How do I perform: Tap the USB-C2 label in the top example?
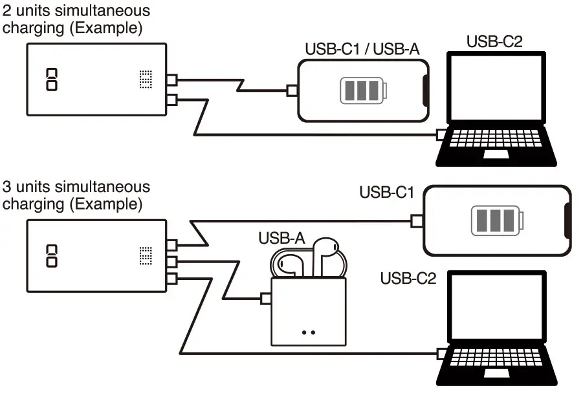click(494, 42)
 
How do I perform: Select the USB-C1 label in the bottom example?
click(387, 192)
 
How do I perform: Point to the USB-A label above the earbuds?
click(281, 238)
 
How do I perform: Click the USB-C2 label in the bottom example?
click(408, 279)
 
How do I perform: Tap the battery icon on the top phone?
click(362, 91)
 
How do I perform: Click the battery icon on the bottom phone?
click(494, 221)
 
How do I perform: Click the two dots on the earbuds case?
click(308, 332)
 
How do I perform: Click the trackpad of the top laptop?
click(496, 154)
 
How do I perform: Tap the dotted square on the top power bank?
click(146, 80)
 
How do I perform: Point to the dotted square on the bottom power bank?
click(146, 255)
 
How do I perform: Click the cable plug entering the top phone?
click(292, 91)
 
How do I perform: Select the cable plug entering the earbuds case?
click(265, 299)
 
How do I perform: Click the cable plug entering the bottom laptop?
click(441, 354)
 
